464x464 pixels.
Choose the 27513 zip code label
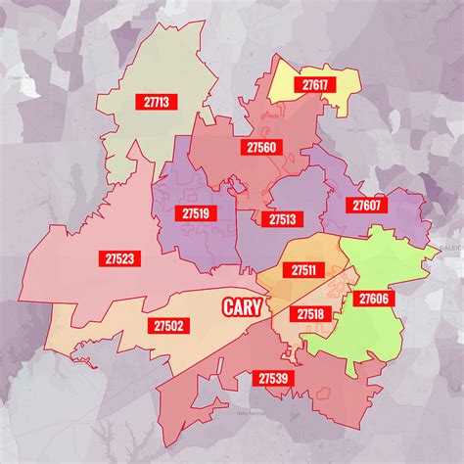tap(283, 219)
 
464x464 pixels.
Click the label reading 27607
tap(367, 206)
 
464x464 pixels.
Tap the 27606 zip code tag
tap(374, 298)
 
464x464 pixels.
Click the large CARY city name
tap(241, 307)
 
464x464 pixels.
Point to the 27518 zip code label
tap(309, 314)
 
